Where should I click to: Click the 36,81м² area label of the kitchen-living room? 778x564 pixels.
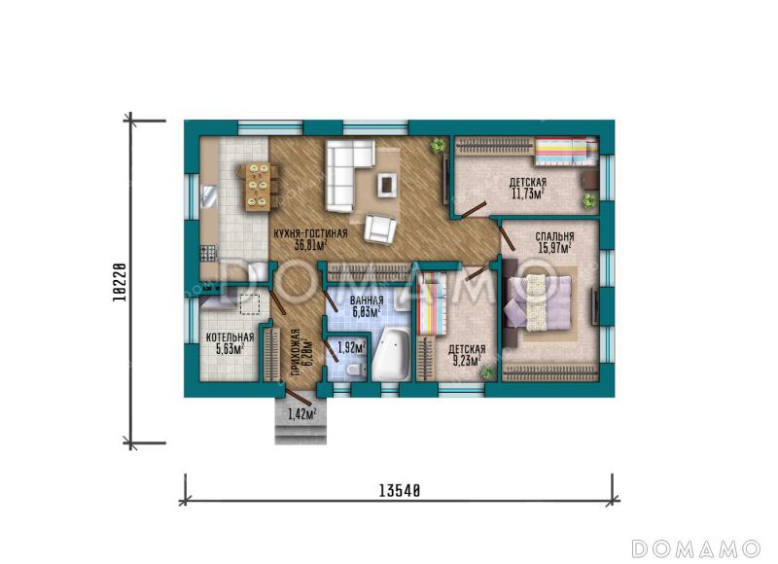click(x=310, y=245)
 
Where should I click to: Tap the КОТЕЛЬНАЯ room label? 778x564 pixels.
click(x=230, y=337)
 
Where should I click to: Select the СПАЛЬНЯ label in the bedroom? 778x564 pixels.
click(x=554, y=236)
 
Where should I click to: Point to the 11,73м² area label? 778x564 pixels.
click(x=528, y=194)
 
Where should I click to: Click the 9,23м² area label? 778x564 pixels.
click(x=467, y=361)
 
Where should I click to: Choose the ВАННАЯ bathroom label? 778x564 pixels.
click(x=367, y=300)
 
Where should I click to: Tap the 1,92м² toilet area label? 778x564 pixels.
click(x=351, y=347)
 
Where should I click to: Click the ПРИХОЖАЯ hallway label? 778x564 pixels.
click(x=296, y=354)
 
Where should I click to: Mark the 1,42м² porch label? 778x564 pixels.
click(x=302, y=413)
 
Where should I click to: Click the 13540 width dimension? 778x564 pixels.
click(x=400, y=491)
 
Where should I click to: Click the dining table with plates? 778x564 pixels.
click(x=257, y=187)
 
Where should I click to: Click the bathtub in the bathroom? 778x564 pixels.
click(x=391, y=355)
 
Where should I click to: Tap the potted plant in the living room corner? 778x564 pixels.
click(x=438, y=144)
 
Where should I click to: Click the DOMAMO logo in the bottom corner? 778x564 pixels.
click(x=696, y=548)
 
